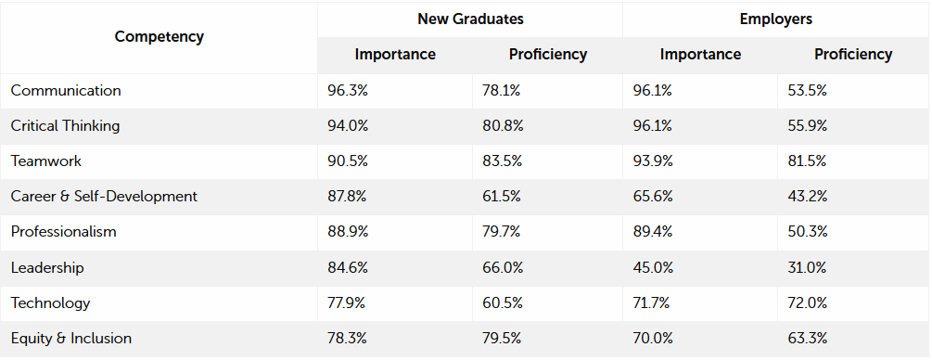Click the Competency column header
coord(160,37)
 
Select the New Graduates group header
coord(470,19)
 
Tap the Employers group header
coord(775,19)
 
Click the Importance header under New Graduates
coord(395,54)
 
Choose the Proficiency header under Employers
coord(853,54)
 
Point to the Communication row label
coord(66,91)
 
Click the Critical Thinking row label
coord(65,126)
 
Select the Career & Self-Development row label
coord(104,197)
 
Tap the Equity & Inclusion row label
coord(71,339)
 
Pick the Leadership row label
coord(47,268)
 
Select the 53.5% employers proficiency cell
coord(807,91)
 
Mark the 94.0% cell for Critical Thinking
coord(348,126)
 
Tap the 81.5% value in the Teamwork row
coord(807,161)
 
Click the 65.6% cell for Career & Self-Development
coord(653,197)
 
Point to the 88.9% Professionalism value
coord(348,232)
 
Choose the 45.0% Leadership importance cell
coord(653,268)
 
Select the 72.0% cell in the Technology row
coord(807,303)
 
